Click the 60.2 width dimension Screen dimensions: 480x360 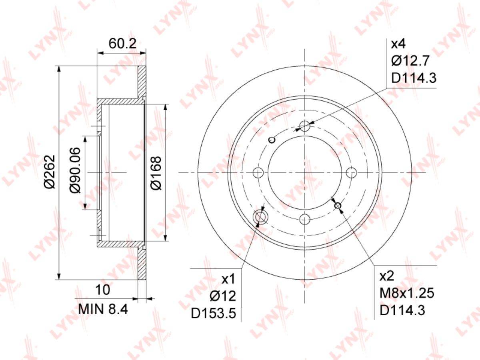pos(122,44)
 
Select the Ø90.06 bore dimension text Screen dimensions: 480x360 pos(75,170)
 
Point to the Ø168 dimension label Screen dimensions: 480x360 pos(156,173)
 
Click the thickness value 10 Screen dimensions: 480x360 pos(103,290)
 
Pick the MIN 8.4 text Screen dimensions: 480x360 pos(103,309)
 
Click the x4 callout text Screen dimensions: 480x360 pos(398,44)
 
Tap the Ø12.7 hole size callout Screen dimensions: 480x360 pos(410,60)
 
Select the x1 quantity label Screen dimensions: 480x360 pos(228,279)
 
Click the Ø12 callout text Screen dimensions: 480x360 pos(223,296)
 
